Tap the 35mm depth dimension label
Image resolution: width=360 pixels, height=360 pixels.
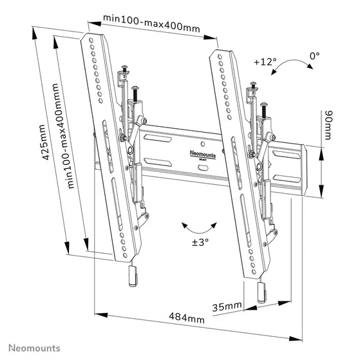pyautogui.click(x=228, y=306)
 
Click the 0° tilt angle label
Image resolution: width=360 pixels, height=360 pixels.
pyautogui.click(x=314, y=57)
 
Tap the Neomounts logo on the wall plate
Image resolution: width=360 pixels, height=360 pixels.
pyautogui.click(x=203, y=153)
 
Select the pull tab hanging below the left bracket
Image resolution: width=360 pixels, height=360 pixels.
pyautogui.click(x=132, y=278)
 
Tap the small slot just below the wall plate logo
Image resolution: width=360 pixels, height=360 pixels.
pyautogui.click(x=203, y=167)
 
